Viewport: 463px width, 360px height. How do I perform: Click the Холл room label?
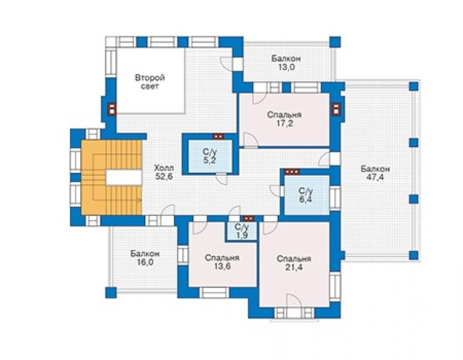(164, 168)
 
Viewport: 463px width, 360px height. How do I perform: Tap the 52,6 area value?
(164, 177)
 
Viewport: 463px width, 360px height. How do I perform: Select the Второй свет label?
(150, 82)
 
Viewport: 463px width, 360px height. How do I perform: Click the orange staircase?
(111, 177)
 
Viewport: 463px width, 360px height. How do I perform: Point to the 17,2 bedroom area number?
(284, 123)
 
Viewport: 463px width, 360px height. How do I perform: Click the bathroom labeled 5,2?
(210, 156)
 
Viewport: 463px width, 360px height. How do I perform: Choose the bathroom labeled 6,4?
(307, 195)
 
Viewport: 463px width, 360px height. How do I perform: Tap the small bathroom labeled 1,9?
(242, 232)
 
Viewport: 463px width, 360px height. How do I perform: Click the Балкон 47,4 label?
(375, 173)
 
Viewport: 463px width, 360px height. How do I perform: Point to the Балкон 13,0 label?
(286, 63)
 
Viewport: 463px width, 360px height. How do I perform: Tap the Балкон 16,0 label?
(145, 258)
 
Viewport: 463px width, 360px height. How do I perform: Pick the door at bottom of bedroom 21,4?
(294, 301)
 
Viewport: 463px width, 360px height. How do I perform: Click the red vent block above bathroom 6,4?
(292, 172)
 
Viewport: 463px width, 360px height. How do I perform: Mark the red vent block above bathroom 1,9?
(248, 219)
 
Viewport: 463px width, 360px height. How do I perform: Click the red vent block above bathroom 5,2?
(218, 136)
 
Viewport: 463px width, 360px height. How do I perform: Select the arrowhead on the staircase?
(140, 200)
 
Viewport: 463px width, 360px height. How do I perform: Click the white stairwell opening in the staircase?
(123, 177)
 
